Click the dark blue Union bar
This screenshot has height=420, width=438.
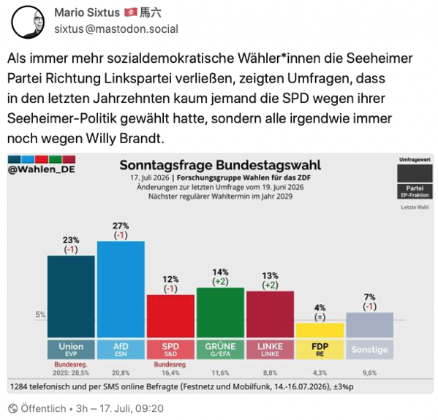pos(71,297)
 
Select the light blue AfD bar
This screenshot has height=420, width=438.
pos(121,289)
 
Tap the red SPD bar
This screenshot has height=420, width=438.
pos(170,316)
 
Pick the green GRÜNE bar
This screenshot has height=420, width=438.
pos(220,313)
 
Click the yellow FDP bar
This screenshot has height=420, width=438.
pos(320,330)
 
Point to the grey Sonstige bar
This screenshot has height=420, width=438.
pos(369,325)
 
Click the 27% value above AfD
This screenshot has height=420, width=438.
pos(121,226)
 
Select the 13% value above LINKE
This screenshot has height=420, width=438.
pos(270,275)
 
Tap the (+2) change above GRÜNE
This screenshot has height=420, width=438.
pos(220,281)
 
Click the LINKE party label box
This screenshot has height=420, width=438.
pos(270,349)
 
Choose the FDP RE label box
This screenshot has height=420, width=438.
pos(320,349)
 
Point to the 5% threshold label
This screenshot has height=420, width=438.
pos(40,315)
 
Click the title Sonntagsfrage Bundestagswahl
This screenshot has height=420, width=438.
pos(220,165)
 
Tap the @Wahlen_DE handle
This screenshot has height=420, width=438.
pos(42,169)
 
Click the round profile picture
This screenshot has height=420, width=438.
pos(28,22)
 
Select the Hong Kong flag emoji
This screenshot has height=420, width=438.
pos(130,12)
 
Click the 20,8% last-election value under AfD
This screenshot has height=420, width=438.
pos(121,373)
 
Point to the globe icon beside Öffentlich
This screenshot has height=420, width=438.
pos(13,409)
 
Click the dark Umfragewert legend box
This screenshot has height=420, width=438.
pos(415,173)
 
